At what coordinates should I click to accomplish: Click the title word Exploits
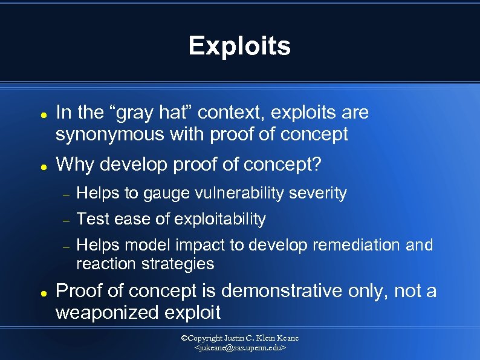coord(239,46)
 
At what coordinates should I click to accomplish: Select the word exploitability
coord(220,219)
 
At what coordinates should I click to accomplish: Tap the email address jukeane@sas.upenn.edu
coord(240,349)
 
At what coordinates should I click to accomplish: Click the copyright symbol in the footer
coord(184,338)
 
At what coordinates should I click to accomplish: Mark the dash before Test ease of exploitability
coord(68,220)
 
